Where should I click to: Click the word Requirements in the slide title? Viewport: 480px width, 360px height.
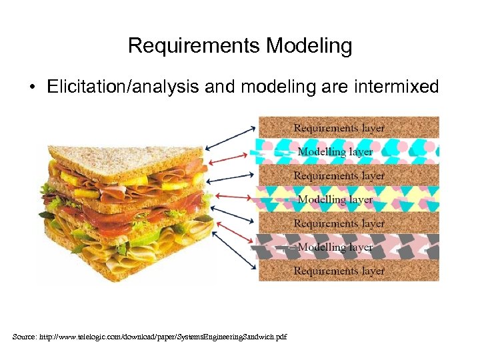[x=194, y=46]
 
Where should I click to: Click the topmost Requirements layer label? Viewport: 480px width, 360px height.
[x=339, y=127]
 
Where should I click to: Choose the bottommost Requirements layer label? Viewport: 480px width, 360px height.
[x=339, y=271]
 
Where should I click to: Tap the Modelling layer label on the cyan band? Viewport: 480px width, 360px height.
[x=335, y=151]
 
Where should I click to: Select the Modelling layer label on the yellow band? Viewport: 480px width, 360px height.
[x=335, y=199]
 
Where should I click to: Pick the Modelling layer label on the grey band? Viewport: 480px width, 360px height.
[x=335, y=247]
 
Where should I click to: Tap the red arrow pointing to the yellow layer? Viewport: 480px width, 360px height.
[x=233, y=197]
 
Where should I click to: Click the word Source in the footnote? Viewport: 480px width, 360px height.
[x=25, y=337]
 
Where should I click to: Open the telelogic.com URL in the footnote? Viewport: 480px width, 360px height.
[x=167, y=337]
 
